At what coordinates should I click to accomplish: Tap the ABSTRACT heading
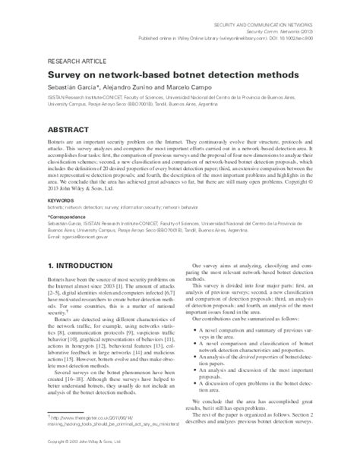tap(73, 130)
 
